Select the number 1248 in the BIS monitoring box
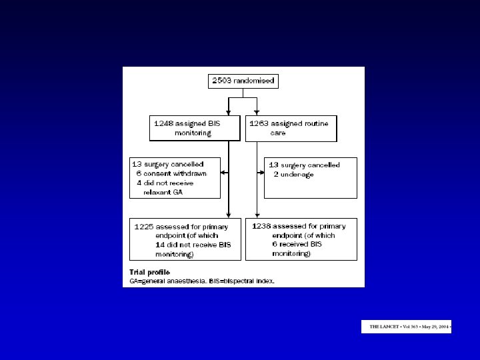click(x=163, y=123)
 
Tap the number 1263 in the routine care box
click(x=259, y=123)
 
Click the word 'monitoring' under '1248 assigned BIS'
click(x=193, y=133)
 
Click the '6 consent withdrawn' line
click(x=171, y=173)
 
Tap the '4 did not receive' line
click(x=167, y=182)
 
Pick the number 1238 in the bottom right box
click(x=262, y=226)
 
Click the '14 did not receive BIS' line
click(x=193, y=245)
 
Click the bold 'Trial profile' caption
click(x=149, y=272)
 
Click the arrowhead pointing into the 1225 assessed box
click(x=229, y=215)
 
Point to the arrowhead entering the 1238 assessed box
click(x=257, y=215)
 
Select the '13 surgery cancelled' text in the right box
click(x=304, y=165)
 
